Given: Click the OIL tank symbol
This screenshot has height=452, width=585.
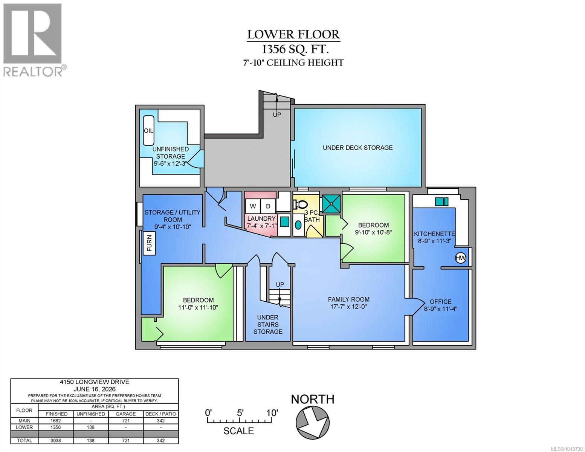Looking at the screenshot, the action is pyautogui.click(x=148, y=130).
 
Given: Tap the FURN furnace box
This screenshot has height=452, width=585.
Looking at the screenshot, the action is pyautogui.click(x=150, y=243).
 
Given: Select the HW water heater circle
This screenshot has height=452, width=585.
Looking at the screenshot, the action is pyautogui.click(x=460, y=258).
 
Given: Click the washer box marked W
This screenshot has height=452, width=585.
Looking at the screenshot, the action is pyautogui.click(x=252, y=206).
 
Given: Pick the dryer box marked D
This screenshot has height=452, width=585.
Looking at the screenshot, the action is pyautogui.click(x=268, y=206).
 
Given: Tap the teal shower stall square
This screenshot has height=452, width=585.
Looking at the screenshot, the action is pyautogui.click(x=331, y=204).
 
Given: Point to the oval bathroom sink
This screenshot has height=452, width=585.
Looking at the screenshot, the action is pyautogui.click(x=298, y=225).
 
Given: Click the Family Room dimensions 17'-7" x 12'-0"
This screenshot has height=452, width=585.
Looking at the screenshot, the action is pyautogui.click(x=348, y=306).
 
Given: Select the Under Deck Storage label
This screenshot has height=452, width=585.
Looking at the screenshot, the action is pyautogui.click(x=357, y=148).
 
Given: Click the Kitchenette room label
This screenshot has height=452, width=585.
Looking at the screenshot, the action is pyautogui.click(x=434, y=234).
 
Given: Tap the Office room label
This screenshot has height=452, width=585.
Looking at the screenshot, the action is pyautogui.click(x=440, y=301).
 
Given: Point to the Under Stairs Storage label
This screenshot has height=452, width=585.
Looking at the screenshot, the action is pyautogui.click(x=267, y=324).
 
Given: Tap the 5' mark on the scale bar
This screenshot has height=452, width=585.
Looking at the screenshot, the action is pyautogui.click(x=240, y=412).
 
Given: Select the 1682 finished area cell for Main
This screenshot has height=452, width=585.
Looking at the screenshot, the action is pyautogui.click(x=56, y=420).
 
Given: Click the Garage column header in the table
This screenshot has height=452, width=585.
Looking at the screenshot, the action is pyautogui.click(x=126, y=414).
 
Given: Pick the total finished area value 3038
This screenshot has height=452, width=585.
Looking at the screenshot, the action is pyautogui.click(x=56, y=440).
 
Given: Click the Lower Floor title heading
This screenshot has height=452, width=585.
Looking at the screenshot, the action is pyautogui.click(x=293, y=34).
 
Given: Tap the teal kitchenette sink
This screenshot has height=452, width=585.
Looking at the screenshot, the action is pyautogui.click(x=442, y=202).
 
